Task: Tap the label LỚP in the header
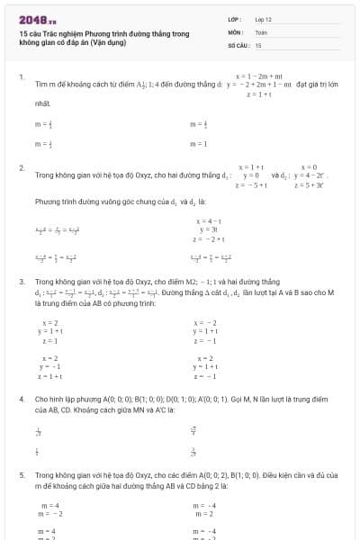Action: click(x=233, y=19)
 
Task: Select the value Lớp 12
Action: click(x=262, y=19)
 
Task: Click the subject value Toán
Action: click(x=261, y=31)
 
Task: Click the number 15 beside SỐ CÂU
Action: click(x=258, y=44)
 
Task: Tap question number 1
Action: click(x=21, y=77)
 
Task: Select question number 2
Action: click(x=21, y=168)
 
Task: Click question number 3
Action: click(x=21, y=282)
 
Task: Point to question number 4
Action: click(x=21, y=397)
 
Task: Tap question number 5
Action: click(x=21, y=472)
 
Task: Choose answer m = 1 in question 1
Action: click(x=199, y=144)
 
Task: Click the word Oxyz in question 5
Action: click(x=127, y=472)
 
